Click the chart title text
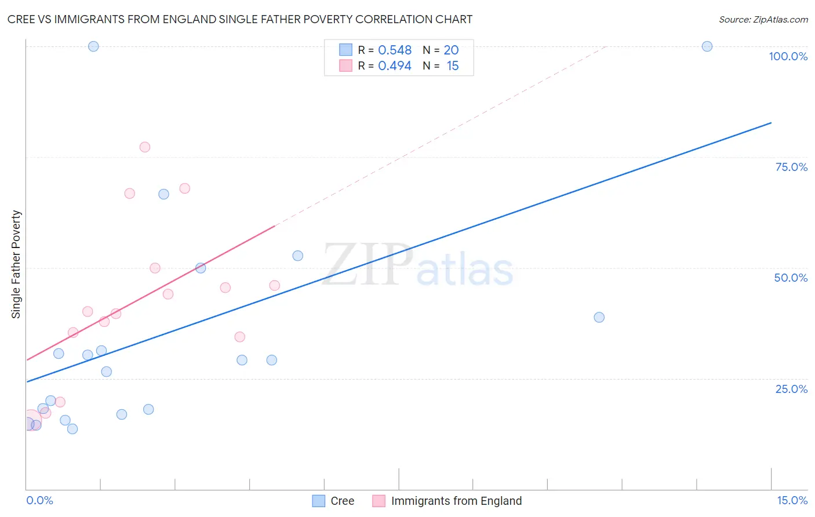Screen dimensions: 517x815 click(x=239, y=19)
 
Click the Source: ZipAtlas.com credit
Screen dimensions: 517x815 click(x=763, y=19)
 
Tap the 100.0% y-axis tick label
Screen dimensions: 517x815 click(x=788, y=56)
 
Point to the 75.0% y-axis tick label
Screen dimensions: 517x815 click(x=791, y=167)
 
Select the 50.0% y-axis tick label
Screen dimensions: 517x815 click(x=791, y=278)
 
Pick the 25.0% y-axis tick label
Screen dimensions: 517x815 click(x=791, y=388)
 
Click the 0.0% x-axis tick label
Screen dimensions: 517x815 click(x=39, y=500)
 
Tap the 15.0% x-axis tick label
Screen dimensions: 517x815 click(x=792, y=500)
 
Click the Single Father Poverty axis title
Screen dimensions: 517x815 click(x=16, y=264)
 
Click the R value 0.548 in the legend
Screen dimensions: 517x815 click(x=395, y=50)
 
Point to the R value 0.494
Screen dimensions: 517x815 click(x=395, y=66)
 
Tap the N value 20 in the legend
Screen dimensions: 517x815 click(x=451, y=50)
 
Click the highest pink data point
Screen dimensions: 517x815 click(x=145, y=147)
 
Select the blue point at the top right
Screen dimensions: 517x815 click(x=707, y=46)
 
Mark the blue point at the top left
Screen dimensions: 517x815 click(x=93, y=46)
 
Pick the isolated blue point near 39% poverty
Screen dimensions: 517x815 click(x=599, y=317)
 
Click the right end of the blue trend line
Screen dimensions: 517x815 click(x=771, y=123)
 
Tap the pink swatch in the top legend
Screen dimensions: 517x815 click(x=346, y=65)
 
